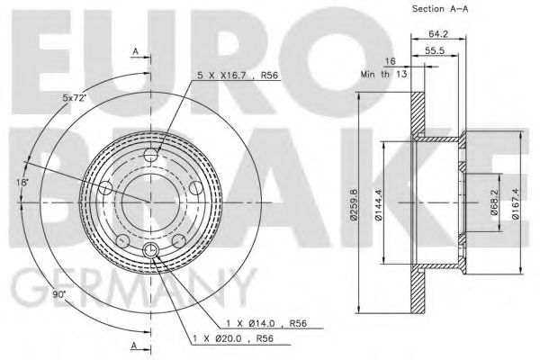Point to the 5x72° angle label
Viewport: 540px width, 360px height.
(75, 96)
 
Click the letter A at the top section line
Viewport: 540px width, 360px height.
(135, 53)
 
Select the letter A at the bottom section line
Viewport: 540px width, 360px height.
(135, 346)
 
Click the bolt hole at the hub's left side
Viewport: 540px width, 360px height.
(105, 188)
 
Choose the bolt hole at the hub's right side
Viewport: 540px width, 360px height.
(195, 186)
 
